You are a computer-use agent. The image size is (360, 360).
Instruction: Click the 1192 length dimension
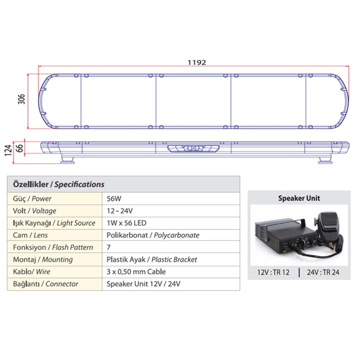pos(197,62)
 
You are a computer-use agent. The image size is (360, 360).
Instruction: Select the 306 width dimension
pos(21,101)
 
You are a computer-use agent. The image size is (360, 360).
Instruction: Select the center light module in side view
pos(193,148)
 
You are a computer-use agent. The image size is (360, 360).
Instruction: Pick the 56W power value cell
pos(114,198)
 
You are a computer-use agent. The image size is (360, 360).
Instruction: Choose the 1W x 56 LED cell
pos(126,223)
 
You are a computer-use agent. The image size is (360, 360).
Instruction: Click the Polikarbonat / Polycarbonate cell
pos(153,235)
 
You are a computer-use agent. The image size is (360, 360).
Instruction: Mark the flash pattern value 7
pos(108,247)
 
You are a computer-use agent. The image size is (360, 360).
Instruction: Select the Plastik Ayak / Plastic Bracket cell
pos(152,260)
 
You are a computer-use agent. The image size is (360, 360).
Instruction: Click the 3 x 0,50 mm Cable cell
pos(136,272)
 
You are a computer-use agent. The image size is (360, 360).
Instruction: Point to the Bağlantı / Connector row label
pos(45,284)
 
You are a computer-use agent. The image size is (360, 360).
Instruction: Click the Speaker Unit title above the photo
pos(299,198)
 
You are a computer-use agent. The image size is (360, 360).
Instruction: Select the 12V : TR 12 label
pos(273,272)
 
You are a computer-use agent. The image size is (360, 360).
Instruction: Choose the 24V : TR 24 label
pos(323,272)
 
